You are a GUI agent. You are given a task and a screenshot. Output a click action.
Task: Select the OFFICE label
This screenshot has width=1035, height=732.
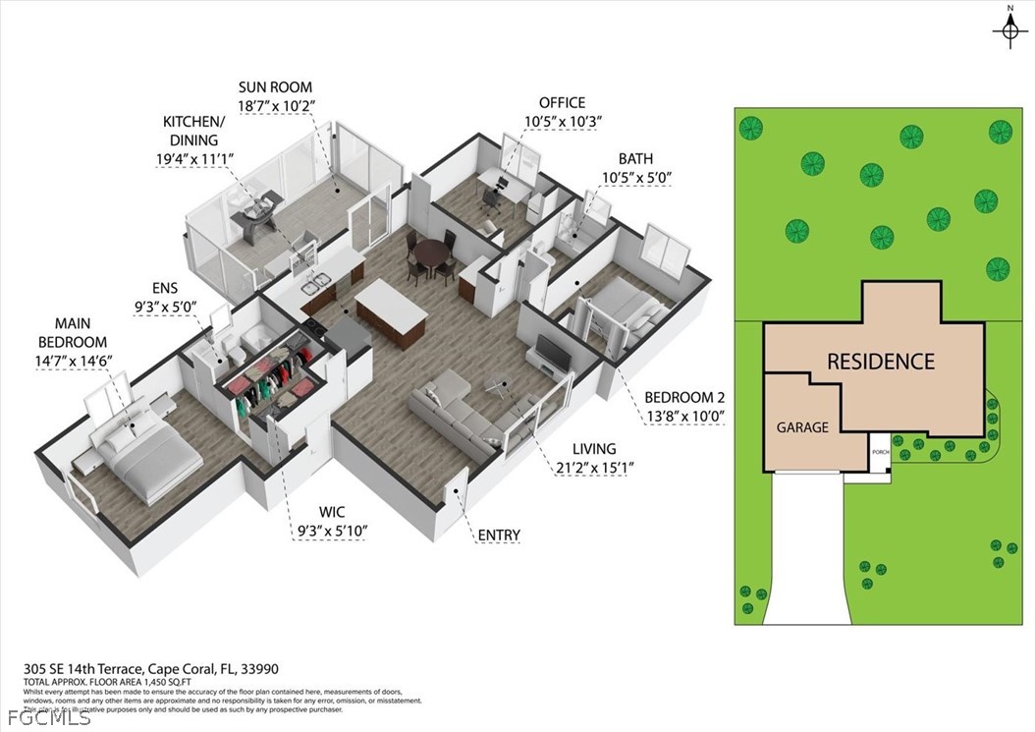(562, 102)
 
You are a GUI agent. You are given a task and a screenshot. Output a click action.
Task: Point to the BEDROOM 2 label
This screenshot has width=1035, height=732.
(683, 397)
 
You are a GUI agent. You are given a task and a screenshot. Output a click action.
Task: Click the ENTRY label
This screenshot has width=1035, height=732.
(498, 535)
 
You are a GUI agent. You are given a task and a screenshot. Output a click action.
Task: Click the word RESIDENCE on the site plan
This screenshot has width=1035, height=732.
(880, 361)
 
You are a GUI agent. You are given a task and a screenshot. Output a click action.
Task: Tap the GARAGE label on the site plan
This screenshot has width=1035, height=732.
(802, 427)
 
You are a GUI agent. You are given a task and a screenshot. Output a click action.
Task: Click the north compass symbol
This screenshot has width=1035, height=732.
(1009, 31)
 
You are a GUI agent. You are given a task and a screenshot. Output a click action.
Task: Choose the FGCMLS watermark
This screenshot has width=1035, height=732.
(35, 718)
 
